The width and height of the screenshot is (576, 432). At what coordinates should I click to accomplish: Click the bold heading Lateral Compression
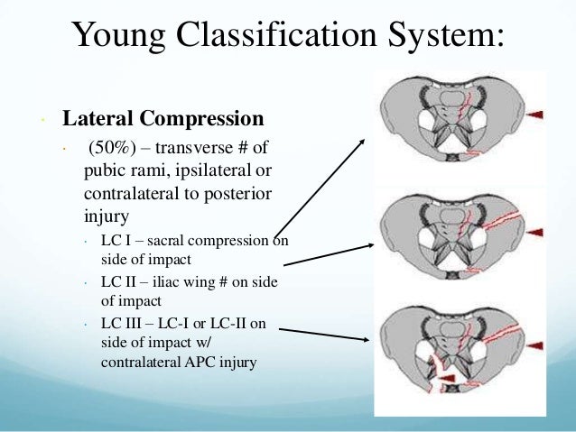point(163,119)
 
